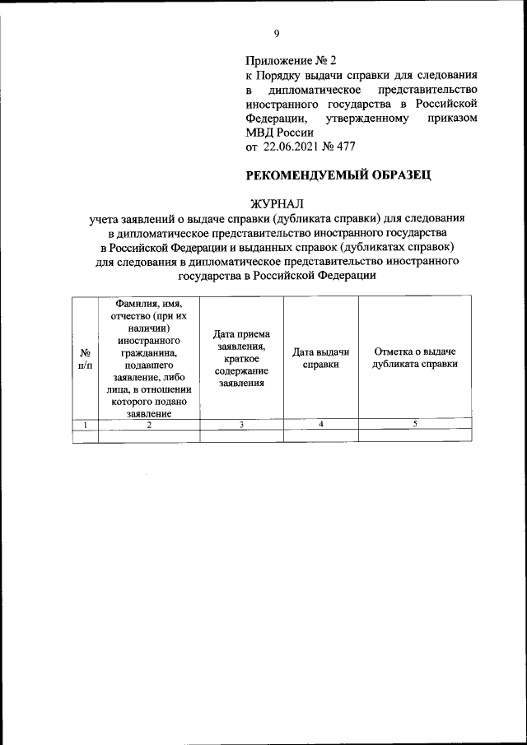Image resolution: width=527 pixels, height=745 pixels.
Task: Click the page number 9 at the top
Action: tap(277, 33)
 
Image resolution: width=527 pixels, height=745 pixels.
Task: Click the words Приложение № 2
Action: tap(291, 61)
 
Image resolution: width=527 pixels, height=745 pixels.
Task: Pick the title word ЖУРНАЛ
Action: tap(277, 203)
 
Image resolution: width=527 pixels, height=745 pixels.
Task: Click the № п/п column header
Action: tap(86, 358)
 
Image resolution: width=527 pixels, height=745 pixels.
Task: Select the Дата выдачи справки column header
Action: tap(320, 358)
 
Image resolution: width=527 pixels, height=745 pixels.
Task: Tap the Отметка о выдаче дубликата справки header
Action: tap(415, 358)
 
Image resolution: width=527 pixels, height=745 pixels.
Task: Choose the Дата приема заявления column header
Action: tap(241, 358)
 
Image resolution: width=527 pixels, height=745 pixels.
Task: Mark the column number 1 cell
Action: tap(86, 424)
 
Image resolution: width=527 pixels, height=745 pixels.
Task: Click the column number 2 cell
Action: tap(149, 424)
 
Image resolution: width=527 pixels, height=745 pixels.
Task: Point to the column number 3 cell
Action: tap(241, 424)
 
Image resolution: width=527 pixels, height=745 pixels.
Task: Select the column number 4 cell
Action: tap(320, 424)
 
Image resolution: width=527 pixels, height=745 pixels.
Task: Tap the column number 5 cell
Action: tap(415, 424)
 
